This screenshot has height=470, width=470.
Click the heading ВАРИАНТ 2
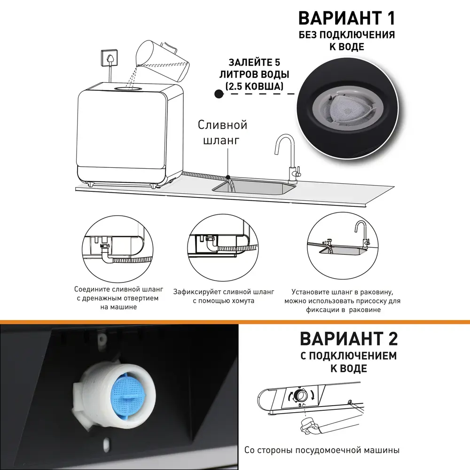click(348, 338)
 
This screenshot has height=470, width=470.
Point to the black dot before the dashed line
click(219, 94)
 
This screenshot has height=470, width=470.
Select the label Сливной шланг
click(222, 133)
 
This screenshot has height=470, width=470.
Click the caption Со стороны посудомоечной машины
click(321, 450)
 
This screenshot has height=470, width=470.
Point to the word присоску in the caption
click(365, 301)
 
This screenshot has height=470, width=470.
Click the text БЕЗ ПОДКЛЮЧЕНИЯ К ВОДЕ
click(347, 41)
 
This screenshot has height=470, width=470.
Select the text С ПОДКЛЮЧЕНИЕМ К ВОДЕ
click(348, 361)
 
